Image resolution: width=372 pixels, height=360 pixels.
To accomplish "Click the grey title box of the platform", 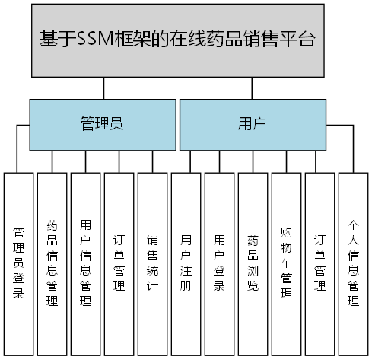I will point(185,40).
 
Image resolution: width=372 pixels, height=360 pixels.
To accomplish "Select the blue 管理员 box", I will point(102,125).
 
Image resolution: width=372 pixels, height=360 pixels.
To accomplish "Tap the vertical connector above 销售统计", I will point(152,161).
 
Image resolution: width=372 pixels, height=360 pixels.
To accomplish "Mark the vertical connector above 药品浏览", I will point(253,161).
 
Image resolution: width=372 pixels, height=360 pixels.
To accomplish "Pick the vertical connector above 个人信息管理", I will point(354,161).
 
